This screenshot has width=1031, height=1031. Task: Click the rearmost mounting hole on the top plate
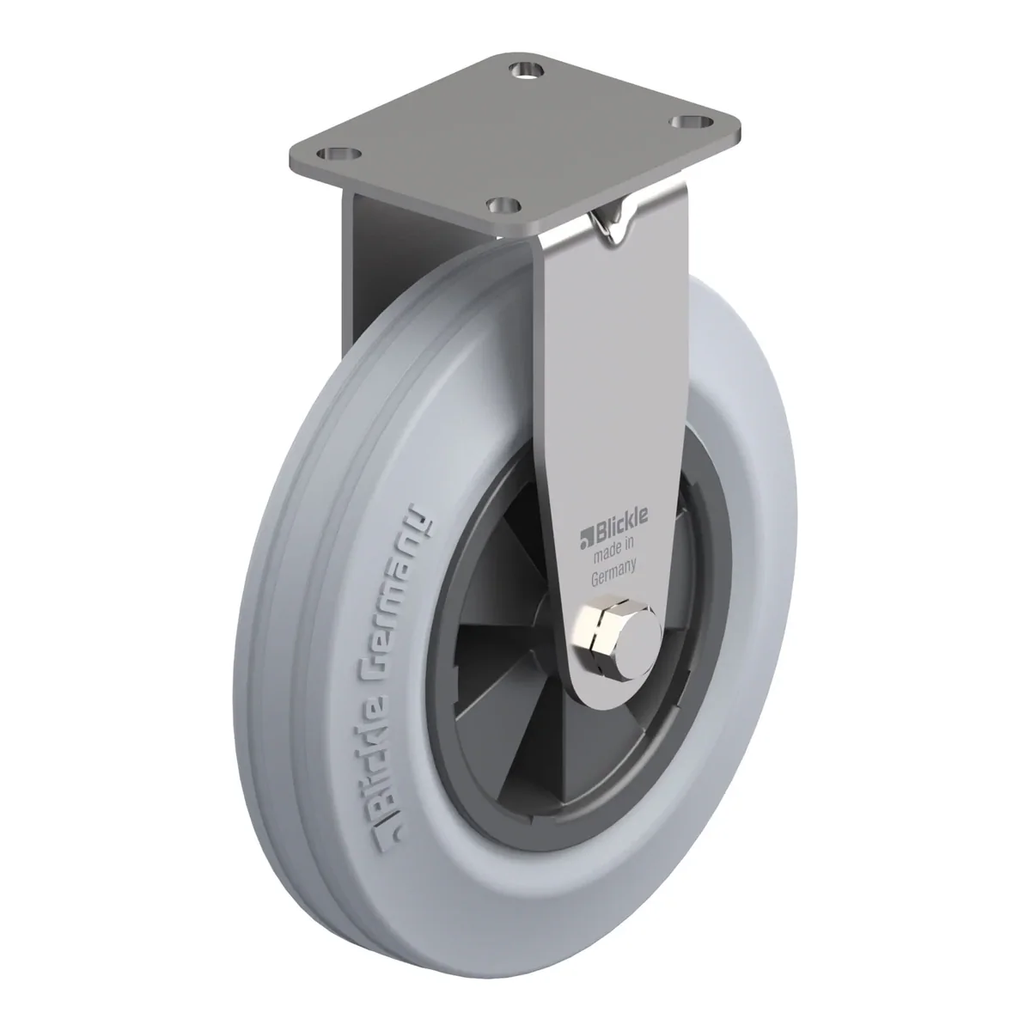tap(527, 69)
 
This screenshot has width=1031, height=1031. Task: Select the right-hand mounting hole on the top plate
tap(692, 122)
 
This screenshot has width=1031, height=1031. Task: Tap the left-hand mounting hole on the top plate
tap(339, 154)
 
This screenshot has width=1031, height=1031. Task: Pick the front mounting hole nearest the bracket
tap(503, 204)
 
